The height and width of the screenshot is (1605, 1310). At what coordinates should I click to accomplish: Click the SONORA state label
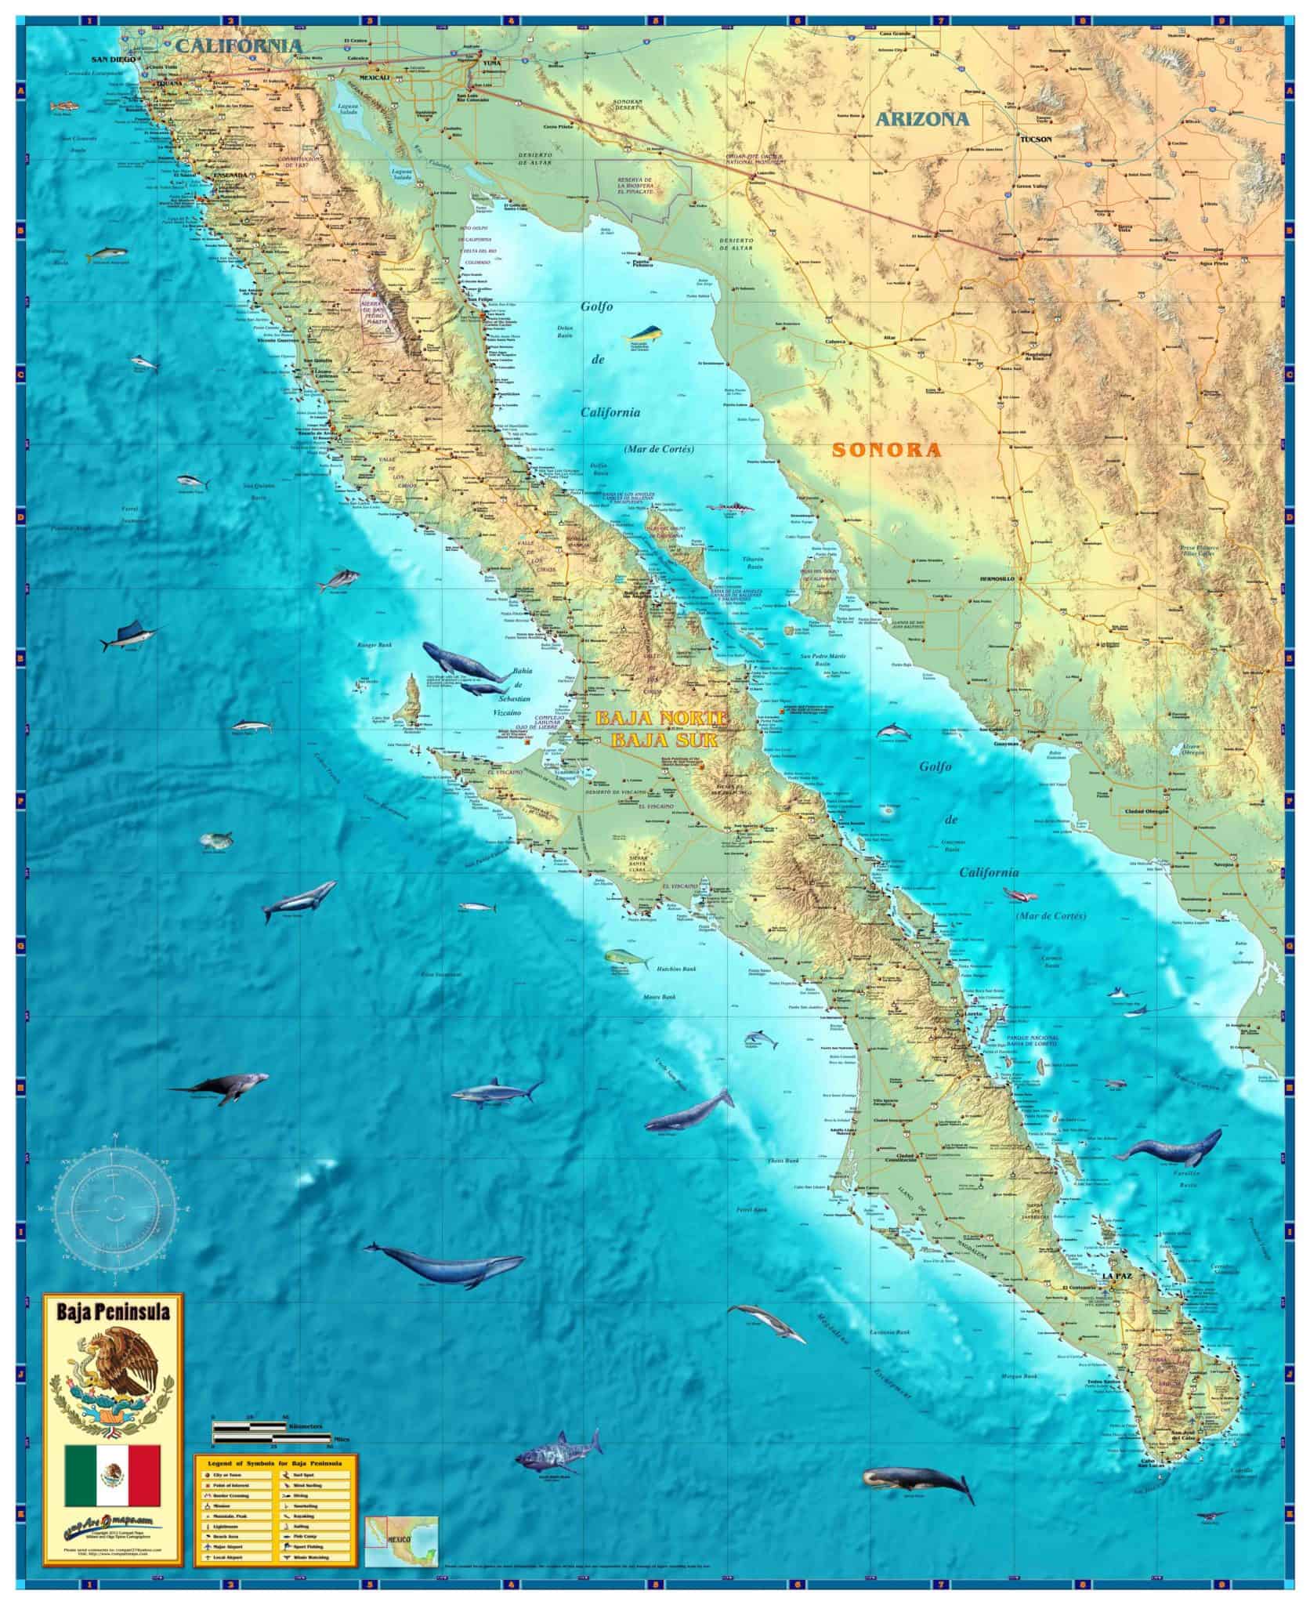(x=885, y=450)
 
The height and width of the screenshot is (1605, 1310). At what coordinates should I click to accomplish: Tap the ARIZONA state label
(x=922, y=119)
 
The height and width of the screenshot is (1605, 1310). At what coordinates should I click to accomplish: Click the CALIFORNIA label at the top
(x=238, y=45)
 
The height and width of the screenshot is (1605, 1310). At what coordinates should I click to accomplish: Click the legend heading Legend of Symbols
(x=276, y=1462)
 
